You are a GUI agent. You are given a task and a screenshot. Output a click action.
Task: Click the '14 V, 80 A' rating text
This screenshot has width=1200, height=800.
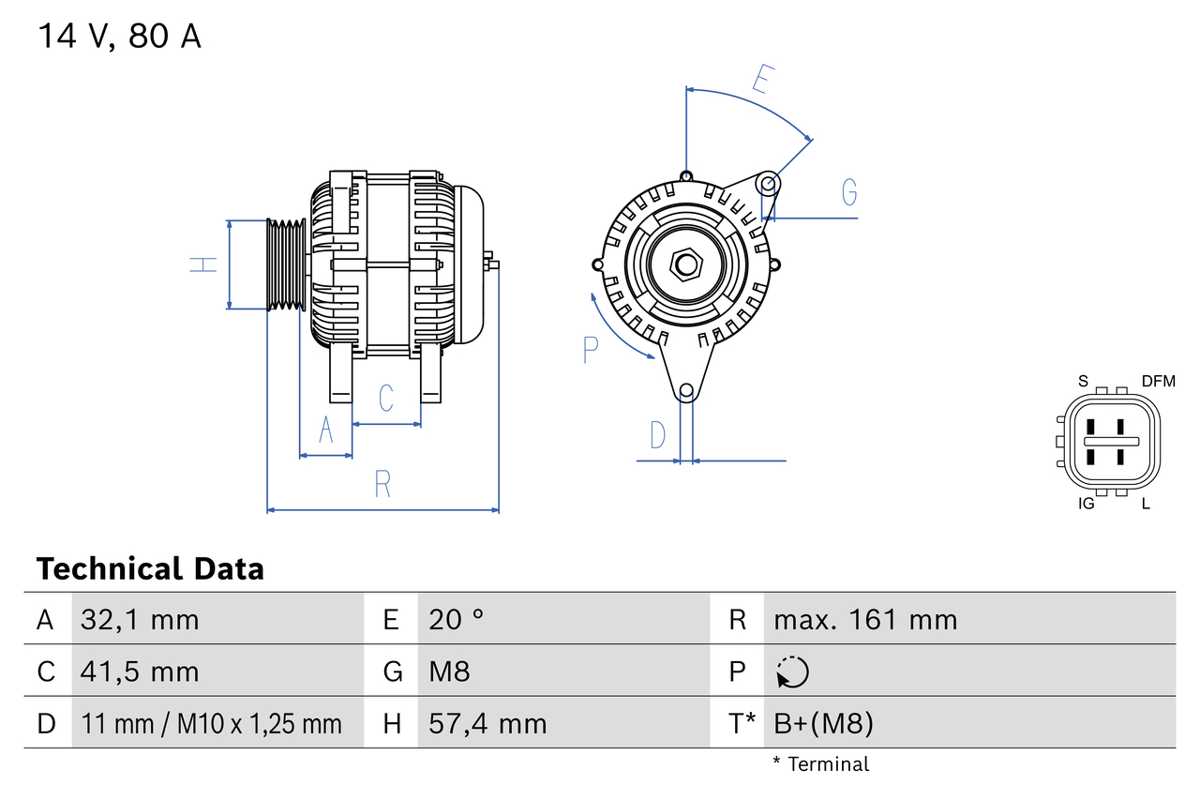[x=119, y=37]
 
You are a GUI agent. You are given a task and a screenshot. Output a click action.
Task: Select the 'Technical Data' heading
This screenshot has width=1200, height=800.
[x=150, y=568]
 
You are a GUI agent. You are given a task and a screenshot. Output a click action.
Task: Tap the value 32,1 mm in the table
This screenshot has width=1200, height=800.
[x=140, y=619]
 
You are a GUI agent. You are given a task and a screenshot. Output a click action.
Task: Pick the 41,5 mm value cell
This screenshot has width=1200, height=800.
[x=140, y=672]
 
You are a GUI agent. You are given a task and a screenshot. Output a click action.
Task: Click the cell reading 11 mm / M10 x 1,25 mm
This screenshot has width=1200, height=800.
[x=211, y=723]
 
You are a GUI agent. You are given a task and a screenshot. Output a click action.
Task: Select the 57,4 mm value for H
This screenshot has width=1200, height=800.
[x=487, y=723]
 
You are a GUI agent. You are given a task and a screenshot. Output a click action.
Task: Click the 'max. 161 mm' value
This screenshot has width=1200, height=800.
[x=865, y=619]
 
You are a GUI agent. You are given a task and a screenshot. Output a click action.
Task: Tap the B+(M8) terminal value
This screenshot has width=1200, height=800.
[x=823, y=723]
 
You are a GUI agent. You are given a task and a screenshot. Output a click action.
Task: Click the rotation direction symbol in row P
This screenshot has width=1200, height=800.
[x=792, y=672]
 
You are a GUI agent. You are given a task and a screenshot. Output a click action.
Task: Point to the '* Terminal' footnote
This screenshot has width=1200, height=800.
[x=821, y=764]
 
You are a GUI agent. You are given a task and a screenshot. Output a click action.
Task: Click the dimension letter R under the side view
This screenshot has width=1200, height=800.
[x=382, y=484]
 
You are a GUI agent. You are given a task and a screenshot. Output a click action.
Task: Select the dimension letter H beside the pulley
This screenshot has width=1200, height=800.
[x=203, y=264]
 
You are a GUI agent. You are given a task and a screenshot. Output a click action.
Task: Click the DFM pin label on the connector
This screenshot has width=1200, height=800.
[x=1158, y=381]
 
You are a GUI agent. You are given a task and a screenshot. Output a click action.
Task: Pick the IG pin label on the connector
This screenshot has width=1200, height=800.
[x=1087, y=505]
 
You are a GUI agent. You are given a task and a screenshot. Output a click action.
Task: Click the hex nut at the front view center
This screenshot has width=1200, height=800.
[x=686, y=264]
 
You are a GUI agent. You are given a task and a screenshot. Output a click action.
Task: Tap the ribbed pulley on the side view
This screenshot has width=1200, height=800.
[x=287, y=264]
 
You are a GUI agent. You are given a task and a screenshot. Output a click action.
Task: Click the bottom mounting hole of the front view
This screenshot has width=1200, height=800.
[x=686, y=390]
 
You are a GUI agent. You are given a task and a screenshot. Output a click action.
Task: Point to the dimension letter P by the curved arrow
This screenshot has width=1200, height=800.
[x=590, y=350]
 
